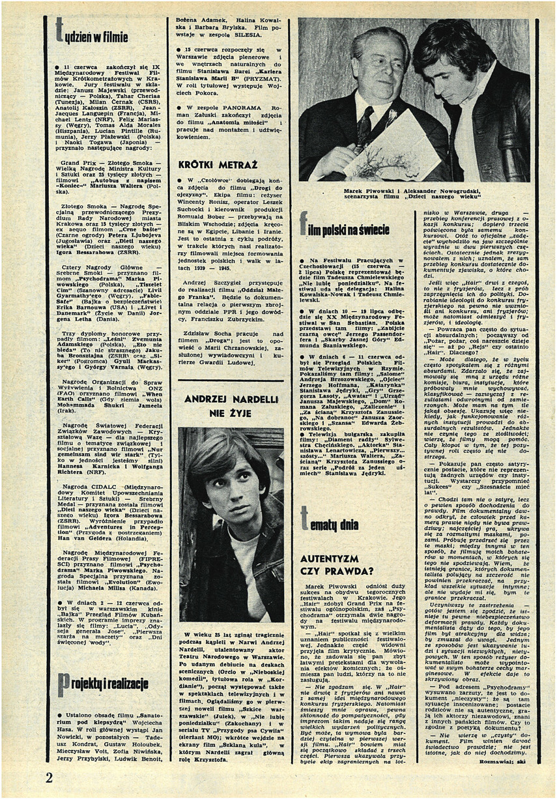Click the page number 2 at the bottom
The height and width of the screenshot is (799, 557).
[x=50, y=777]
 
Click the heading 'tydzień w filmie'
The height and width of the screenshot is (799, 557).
[x=92, y=34]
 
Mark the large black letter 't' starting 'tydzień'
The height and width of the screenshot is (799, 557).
[x=59, y=30]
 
